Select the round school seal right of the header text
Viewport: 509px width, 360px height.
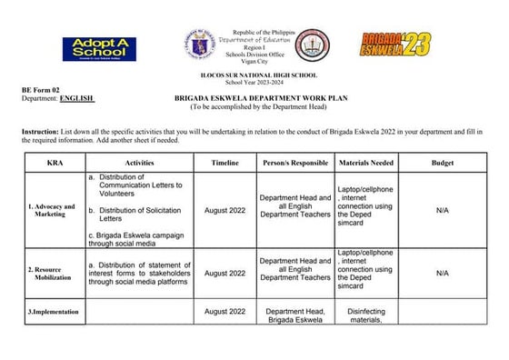314,45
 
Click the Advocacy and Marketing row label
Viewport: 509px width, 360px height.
52,211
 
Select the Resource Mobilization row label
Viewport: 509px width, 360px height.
53,274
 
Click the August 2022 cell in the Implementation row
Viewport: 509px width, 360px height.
225,312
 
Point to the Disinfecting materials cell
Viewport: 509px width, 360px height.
366,315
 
